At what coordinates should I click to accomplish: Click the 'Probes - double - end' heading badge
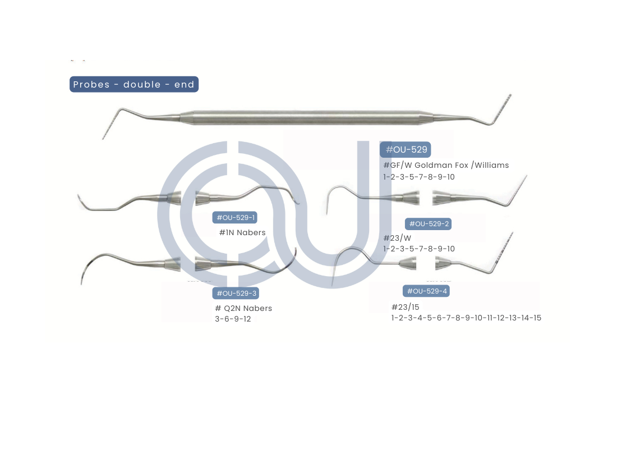(134, 84)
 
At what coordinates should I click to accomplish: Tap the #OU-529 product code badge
(406, 150)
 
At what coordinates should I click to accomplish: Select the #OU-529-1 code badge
(235, 217)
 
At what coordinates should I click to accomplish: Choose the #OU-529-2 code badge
(428, 224)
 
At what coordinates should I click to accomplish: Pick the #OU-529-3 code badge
(236, 293)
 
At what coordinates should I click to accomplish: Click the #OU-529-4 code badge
(426, 291)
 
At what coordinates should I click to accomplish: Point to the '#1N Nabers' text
(242, 233)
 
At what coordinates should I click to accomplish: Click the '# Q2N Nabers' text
(243, 308)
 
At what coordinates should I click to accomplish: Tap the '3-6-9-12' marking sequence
(233, 319)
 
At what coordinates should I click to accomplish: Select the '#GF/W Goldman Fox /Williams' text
(446, 166)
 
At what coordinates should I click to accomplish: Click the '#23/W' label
(397, 239)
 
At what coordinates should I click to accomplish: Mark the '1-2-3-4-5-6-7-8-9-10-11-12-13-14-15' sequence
(466, 318)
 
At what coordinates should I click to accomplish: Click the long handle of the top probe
(307, 118)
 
